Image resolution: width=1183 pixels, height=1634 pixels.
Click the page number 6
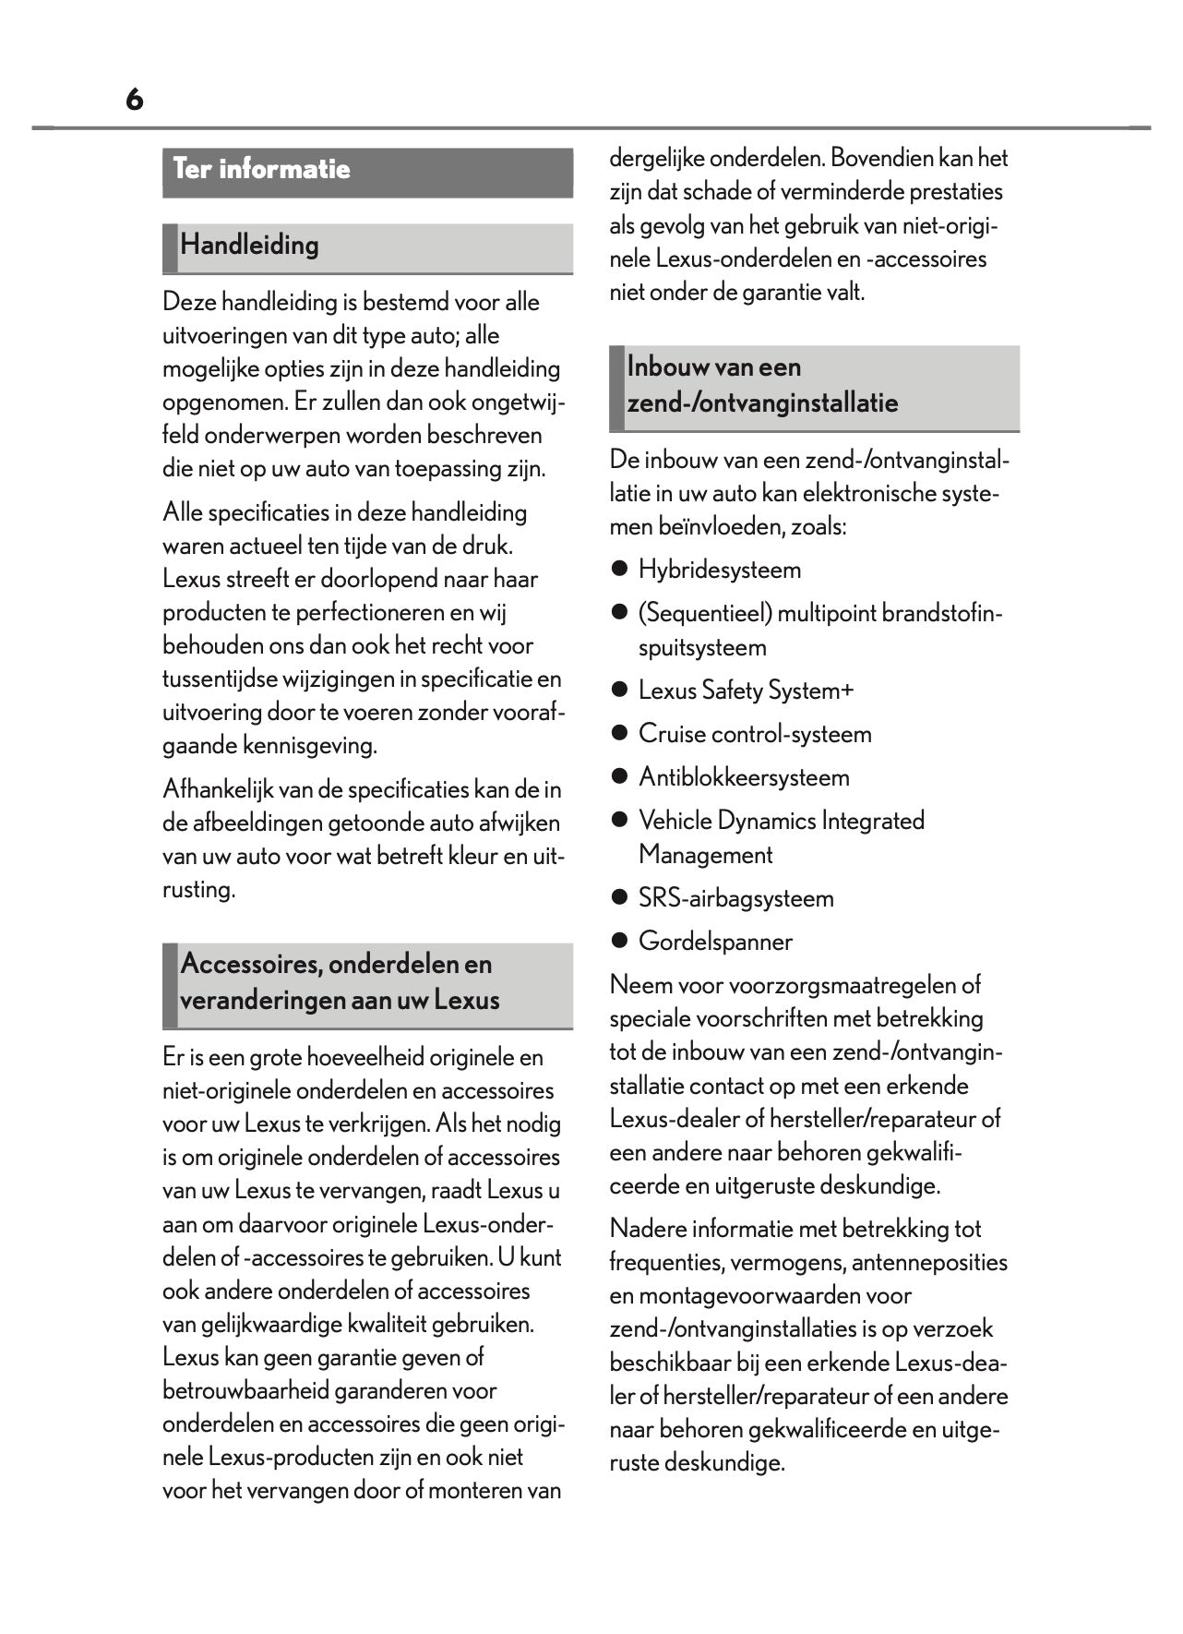click(x=135, y=100)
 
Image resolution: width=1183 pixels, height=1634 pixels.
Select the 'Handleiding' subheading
click(x=249, y=246)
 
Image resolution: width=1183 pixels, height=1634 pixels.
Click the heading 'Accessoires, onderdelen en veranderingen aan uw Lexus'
click(x=339, y=982)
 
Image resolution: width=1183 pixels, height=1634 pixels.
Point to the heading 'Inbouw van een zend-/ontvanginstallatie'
click(x=761, y=385)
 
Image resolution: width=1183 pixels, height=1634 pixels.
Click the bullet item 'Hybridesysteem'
click(x=719, y=570)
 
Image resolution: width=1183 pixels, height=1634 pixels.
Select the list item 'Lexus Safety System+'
click(x=746, y=691)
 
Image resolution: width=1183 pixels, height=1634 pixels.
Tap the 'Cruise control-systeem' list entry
click(x=754, y=734)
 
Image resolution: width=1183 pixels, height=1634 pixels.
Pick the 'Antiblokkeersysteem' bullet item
click(x=743, y=777)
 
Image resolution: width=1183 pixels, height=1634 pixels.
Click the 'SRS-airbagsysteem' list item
click(x=735, y=898)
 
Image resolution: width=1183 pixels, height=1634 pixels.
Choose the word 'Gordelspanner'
click(x=715, y=942)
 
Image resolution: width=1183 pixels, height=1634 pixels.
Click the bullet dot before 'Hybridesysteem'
click(x=619, y=570)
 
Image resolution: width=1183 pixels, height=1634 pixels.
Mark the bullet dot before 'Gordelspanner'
click(x=619, y=942)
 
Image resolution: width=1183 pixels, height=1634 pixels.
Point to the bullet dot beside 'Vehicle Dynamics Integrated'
click(x=619, y=821)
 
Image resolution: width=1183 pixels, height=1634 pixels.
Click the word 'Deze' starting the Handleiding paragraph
click(x=189, y=302)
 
